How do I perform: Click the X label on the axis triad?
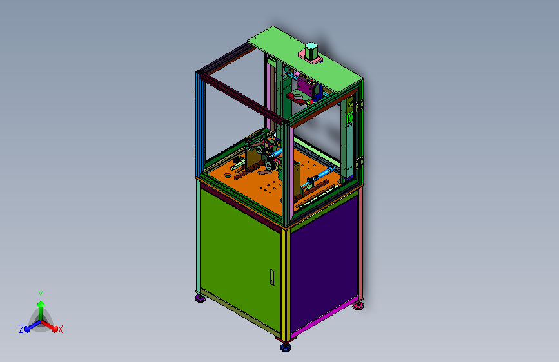60,330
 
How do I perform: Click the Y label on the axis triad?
41,294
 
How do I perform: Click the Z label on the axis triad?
21,329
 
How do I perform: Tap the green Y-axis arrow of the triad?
41,309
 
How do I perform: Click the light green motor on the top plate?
311,51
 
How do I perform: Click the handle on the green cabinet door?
272,278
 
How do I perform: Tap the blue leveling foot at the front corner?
285,347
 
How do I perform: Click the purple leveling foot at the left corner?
201,298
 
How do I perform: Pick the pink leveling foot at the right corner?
358,306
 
